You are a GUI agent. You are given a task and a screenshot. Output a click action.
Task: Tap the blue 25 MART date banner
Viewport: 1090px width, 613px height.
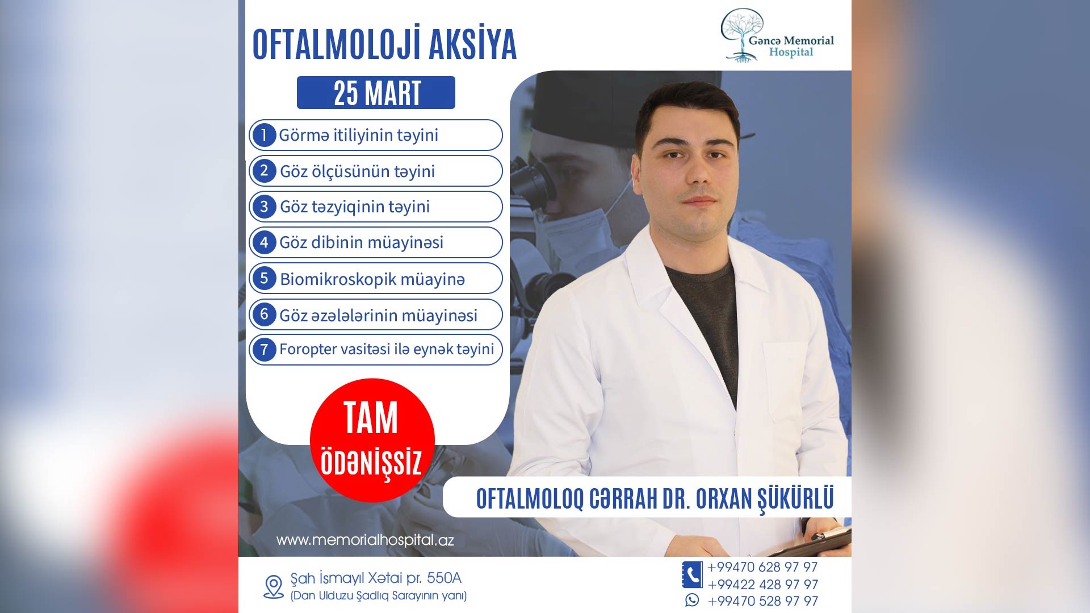[x=376, y=93]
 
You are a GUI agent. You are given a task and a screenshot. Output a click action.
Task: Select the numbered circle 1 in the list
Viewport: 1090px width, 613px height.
[x=264, y=135]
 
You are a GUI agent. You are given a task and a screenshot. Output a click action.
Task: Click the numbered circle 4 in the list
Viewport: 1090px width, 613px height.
[x=264, y=242]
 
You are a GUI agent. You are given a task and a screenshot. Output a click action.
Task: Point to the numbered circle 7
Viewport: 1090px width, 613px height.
[x=264, y=349]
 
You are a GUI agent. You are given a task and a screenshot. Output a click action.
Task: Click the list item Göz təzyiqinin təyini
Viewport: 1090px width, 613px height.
[x=376, y=207]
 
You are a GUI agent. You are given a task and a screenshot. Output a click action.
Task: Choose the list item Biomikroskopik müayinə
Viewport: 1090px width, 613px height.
[x=376, y=278]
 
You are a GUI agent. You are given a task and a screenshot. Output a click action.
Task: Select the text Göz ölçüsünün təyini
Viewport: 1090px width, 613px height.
[x=358, y=171]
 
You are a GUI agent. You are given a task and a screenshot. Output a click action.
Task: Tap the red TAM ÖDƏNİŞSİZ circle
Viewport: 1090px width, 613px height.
[x=372, y=440]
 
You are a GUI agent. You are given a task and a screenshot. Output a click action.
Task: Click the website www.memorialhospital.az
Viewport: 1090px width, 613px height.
[x=365, y=540]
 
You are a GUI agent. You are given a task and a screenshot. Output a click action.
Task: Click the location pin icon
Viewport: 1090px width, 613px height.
[x=274, y=587]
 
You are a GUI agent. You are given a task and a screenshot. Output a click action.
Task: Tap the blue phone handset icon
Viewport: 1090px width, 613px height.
[x=692, y=575]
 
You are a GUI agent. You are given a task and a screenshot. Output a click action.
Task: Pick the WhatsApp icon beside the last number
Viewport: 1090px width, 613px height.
[x=692, y=600]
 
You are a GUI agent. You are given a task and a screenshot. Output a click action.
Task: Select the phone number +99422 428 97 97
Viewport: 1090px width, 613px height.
[x=763, y=584]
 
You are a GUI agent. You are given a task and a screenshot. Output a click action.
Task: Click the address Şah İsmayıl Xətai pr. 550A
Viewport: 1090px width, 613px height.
[x=376, y=578]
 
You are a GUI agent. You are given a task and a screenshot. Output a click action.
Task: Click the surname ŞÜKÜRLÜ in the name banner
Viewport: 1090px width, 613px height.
[x=796, y=499]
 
